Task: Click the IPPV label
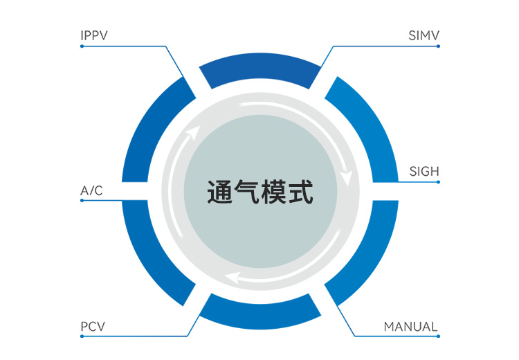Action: pos(94,35)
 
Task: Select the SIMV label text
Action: pos(424,35)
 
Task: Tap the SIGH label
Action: pos(424,171)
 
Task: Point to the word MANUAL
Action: pos(411,327)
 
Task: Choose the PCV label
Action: pos(93,327)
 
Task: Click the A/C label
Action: pos(91,190)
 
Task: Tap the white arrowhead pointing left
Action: pos(233,280)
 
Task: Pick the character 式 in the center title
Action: pos(300,192)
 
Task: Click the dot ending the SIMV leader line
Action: pos(439,46)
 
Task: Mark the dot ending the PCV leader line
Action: pos(82,336)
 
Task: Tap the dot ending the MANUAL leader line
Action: pos(439,336)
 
